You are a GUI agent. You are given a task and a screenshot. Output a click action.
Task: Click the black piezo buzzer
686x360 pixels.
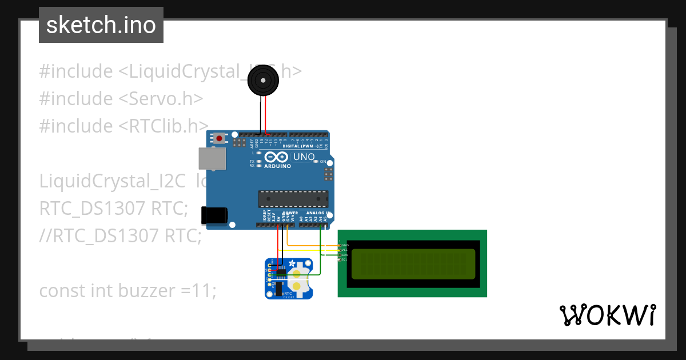click(264, 81)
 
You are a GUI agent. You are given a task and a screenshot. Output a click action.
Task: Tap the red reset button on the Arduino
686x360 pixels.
click(219, 138)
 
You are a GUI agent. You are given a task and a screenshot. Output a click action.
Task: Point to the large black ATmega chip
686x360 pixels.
click(293, 198)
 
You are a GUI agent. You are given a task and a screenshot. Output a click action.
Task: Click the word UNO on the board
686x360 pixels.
click(304, 157)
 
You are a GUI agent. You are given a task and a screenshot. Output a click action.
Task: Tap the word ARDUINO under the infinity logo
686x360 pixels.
click(277, 166)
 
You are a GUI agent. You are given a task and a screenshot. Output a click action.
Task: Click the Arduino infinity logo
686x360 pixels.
click(277, 157)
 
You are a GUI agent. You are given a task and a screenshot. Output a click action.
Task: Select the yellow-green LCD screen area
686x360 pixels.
click(413, 263)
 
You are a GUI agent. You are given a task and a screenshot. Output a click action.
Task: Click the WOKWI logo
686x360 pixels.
click(607, 315)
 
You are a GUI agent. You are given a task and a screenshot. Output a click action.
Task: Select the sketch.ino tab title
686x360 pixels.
click(101, 25)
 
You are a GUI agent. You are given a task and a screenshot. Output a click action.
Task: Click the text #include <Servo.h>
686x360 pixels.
click(121, 98)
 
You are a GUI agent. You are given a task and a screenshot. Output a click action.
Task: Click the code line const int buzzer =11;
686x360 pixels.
click(128, 290)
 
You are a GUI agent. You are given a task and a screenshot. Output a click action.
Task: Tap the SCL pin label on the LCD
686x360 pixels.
click(344, 260)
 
